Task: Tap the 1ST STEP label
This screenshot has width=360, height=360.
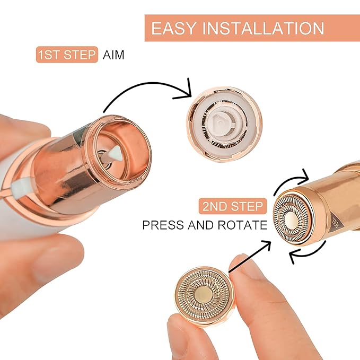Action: (x=67, y=55)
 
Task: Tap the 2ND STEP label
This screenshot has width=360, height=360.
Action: (x=231, y=206)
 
